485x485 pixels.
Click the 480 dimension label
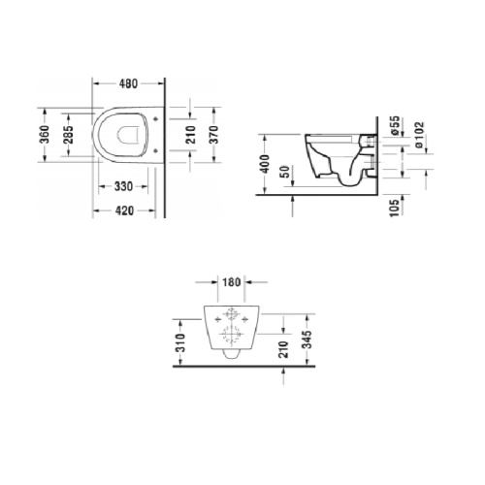[129, 83]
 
